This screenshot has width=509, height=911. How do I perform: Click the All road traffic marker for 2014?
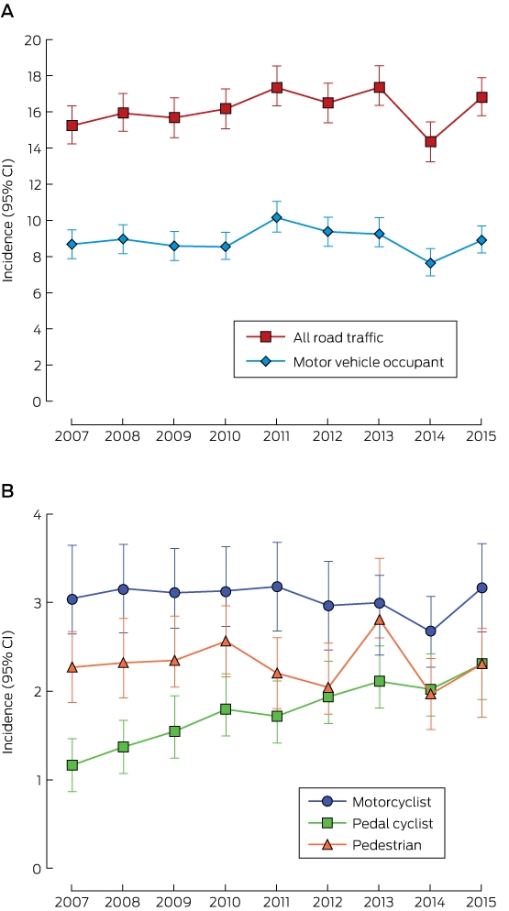(x=430, y=142)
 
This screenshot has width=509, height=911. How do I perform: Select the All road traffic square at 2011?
(x=276, y=88)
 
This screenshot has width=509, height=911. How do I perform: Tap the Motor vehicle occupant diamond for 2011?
(x=276, y=218)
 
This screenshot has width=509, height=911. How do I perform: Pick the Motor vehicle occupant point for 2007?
(x=72, y=245)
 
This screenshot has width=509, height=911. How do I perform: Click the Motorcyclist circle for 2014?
(x=430, y=631)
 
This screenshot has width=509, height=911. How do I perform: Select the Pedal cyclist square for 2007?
(x=72, y=765)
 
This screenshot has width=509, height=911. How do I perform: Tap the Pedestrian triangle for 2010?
(x=225, y=642)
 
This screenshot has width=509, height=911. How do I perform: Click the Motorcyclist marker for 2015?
(x=481, y=588)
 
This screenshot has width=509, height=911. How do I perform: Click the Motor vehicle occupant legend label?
(x=369, y=362)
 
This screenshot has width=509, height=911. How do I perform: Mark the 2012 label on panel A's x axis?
(x=327, y=437)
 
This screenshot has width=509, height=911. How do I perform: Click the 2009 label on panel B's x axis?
(x=174, y=904)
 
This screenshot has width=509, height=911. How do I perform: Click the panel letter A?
(x=7, y=12)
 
